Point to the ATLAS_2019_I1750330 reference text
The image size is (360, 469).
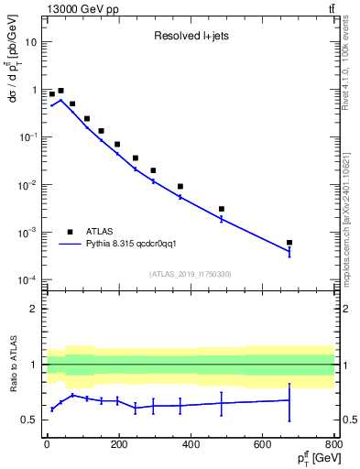(191, 273)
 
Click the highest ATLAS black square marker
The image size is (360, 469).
(60, 91)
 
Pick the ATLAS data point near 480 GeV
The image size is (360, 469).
(222, 209)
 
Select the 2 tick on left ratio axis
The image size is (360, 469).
(33, 309)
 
